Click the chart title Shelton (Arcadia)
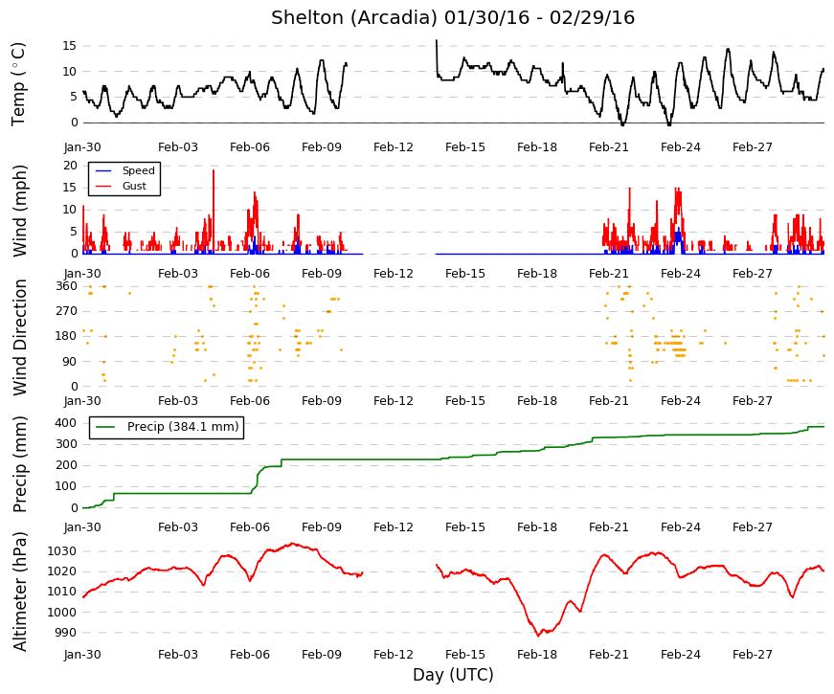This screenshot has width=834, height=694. [x=353, y=18]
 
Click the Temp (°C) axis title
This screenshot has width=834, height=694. [x=18, y=84]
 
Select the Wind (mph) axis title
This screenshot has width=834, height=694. [x=19, y=211]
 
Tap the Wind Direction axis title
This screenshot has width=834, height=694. [x=20, y=337]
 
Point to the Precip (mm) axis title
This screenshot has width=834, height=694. [x=19, y=464]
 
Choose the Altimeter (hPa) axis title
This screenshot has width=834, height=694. [x=19, y=592]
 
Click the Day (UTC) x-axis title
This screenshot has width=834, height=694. [x=453, y=675]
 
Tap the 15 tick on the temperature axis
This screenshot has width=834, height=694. [x=70, y=46]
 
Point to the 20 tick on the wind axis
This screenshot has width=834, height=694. [x=70, y=166]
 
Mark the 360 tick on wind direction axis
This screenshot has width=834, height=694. [x=67, y=286]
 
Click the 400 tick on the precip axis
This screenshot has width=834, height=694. [x=66, y=423]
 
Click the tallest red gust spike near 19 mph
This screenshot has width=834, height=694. [x=214, y=170]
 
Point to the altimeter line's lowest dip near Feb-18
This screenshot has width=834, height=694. [x=538, y=635]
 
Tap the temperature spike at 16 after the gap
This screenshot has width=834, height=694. [x=437, y=40]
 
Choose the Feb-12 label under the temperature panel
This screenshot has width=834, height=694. [x=394, y=147]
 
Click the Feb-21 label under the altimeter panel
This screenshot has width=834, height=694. [x=608, y=655]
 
